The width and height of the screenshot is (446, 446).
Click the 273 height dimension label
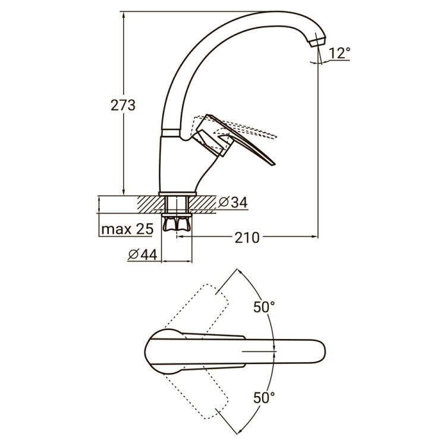tap(123, 106)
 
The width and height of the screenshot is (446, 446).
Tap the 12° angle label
tap(338, 53)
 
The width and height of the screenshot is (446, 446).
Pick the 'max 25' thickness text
tap(127, 229)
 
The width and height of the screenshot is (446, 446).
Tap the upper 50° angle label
tap(263, 307)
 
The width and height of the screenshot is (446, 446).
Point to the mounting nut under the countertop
tap(178, 224)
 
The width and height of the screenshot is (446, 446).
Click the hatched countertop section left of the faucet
tap(149, 204)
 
